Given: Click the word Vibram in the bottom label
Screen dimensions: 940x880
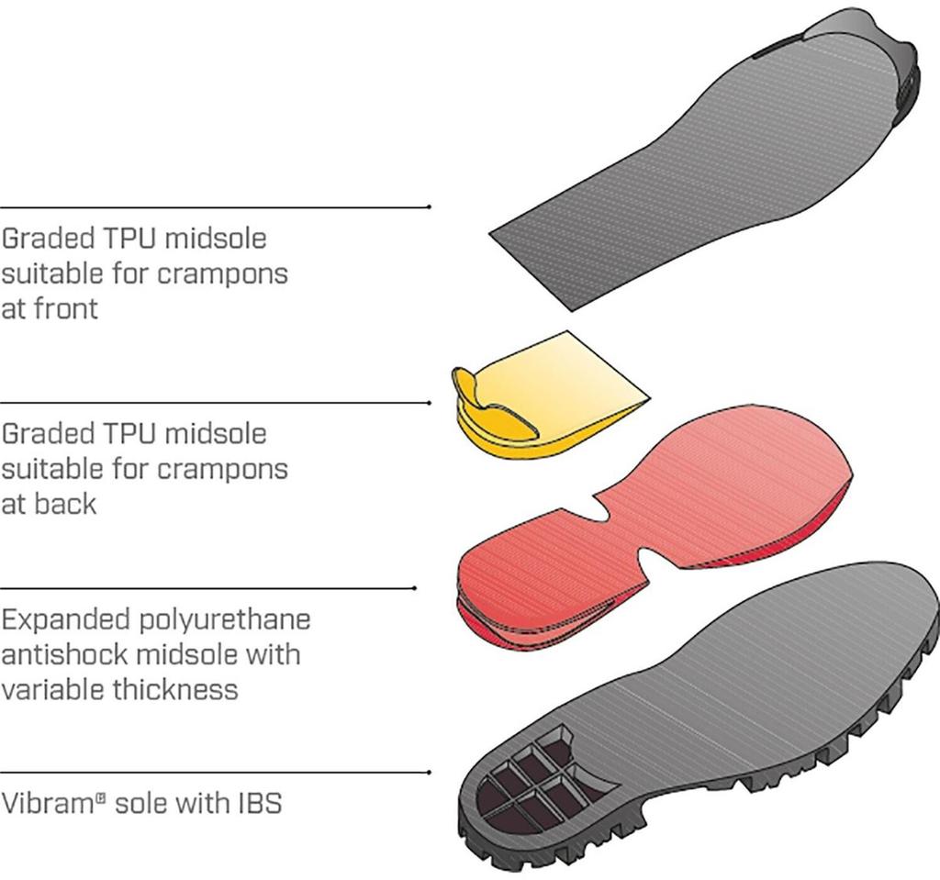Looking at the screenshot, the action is (48, 803).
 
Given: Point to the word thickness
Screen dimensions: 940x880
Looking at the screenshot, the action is (175, 689).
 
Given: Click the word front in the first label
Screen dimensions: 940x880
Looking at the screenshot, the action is (66, 308).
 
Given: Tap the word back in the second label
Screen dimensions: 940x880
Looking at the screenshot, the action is (65, 504).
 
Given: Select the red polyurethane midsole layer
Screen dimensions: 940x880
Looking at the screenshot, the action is (654, 528).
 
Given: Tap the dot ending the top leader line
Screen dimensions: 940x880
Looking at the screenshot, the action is (430, 206).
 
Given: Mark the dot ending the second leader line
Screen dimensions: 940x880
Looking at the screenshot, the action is (430, 403).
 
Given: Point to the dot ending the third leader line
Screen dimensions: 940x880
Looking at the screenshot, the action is (416, 588).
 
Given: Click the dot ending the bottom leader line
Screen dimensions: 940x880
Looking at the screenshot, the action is (430, 772).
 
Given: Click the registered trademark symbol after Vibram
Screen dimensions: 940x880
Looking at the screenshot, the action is (101, 796).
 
